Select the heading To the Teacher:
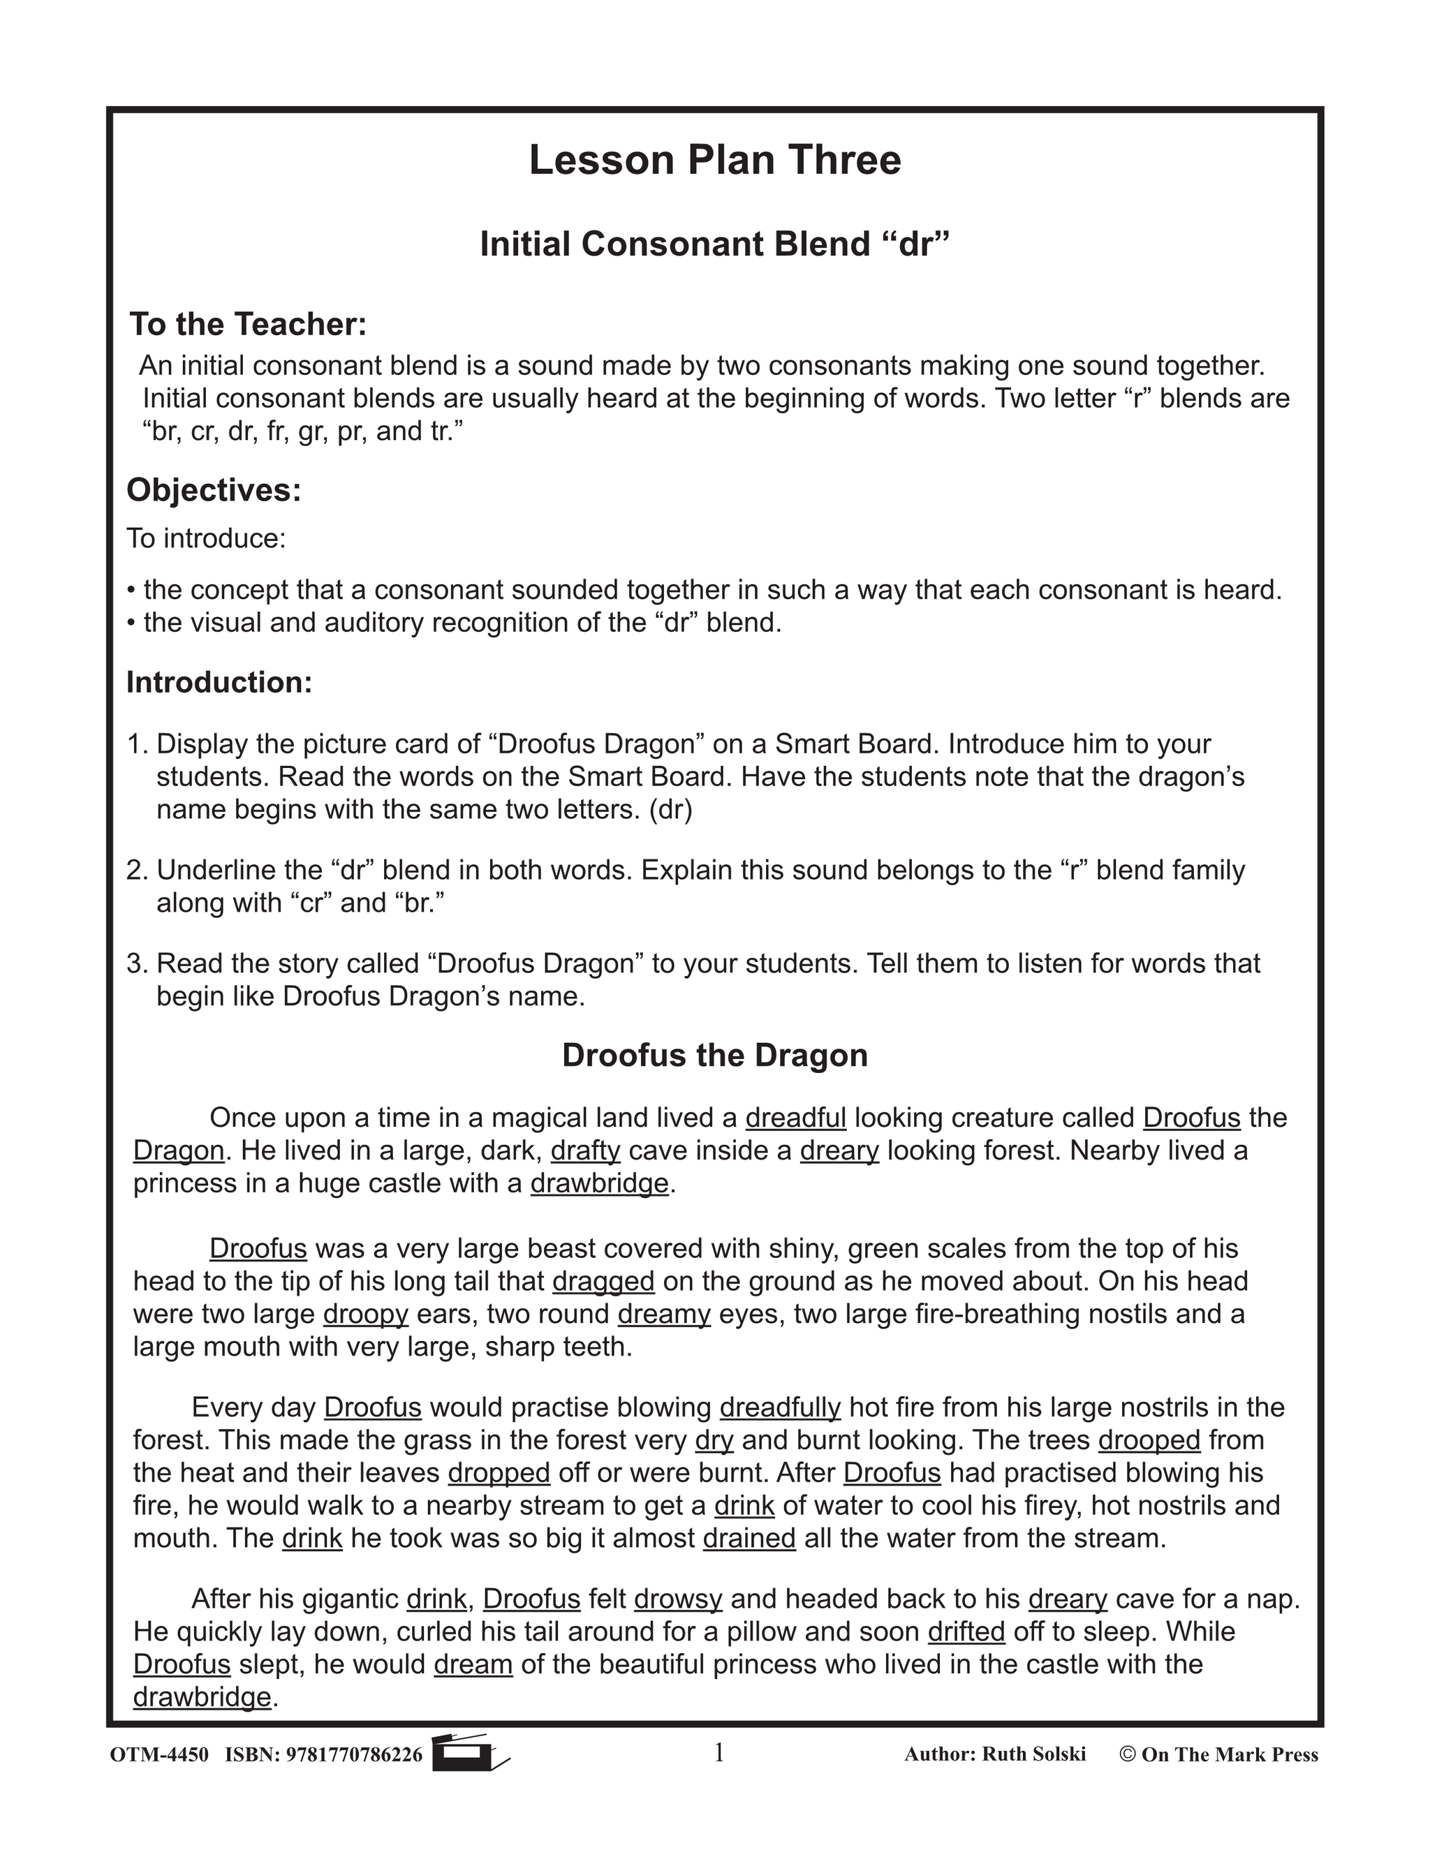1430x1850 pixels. click(247, 325)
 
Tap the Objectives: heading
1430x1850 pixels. click(214, 489)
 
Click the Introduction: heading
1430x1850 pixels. click(219, 682)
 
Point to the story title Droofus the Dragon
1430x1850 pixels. click(715, 1056)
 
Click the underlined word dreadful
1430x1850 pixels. click(795, 1118)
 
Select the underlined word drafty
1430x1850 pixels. click(585, 1151)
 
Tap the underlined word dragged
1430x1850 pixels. click(603, 1282)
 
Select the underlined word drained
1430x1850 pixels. click(749, 1538)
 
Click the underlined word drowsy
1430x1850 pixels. click(678, 1599)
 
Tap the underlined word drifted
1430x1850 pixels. click(966, 1631)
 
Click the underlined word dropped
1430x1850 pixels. click(499, 1473)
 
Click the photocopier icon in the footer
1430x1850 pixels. click(469, 1754)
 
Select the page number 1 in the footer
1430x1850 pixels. click(719, 1752)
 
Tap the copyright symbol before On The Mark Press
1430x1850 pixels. click(1127, 1754)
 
